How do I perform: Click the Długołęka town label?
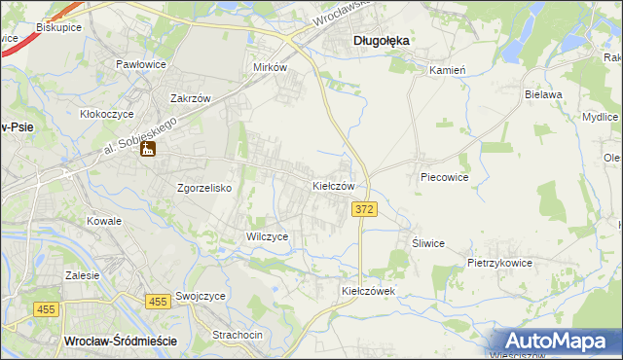pyautogui.click(x=381, y=40)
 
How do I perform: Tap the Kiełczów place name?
pyautogui.click(x=340, y=185)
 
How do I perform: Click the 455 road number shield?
pyautogui.click(x=155, y=303)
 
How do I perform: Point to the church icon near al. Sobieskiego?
pyautogui.click(x=148, y=150)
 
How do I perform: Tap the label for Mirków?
pyautogui.click(x=270, y=68)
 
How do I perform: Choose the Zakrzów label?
pyautogui.click(x=191, y=98)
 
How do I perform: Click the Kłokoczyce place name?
pyautogui.click(x=105, y=114)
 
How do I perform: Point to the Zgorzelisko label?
pyautogui.click(x=203, y=189)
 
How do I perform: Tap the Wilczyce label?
pyautogui.click(x=267, y=236)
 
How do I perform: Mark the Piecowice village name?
pyautogui.click(x=445, y=178)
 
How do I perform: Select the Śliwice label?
pyautogui.click(x=428, y=243)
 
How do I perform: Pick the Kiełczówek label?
pyautogui.click(x=367, y=291)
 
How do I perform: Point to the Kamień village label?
pyautogui.click(x=449, y=70)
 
